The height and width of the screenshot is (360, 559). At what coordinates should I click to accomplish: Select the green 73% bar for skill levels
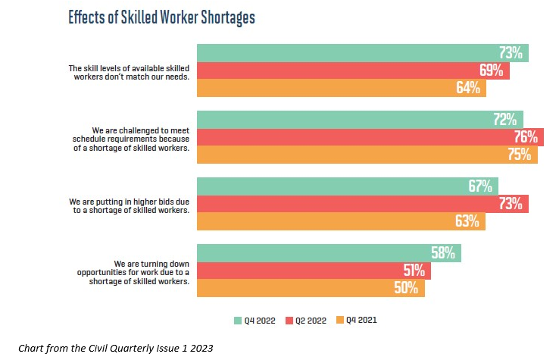[x=362, y=53]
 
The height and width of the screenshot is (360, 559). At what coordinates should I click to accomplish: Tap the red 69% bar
[x=353, y=70]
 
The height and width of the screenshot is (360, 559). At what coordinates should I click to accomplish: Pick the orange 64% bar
[x=341, y=88]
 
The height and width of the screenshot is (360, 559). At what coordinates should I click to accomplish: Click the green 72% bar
[x=360, y=120]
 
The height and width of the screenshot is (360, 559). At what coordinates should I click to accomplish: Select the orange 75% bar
[x=367, y=155]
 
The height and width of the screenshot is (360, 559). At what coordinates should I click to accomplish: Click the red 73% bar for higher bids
[x=362, y=204]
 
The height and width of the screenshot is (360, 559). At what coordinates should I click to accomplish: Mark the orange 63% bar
[x=341, y=221]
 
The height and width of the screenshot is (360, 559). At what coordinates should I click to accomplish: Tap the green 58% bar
[x=329, y=253]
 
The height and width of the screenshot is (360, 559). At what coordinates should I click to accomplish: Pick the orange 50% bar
[x=311, y=288]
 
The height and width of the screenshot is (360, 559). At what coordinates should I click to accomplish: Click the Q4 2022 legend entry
[x=256, y=320]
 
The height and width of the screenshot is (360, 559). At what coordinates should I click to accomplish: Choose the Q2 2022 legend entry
[x=308, y=320]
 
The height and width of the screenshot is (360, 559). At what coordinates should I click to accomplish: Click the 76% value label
[x=525, y=137]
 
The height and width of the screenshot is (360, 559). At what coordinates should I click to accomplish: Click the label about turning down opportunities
[x=138, y=271]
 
